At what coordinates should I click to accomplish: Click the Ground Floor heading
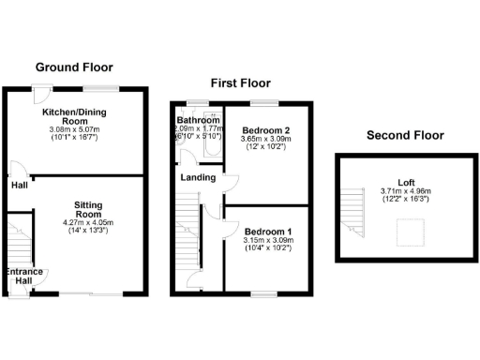(x=74, y=67)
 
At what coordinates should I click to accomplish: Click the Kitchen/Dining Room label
(x=74, y=116)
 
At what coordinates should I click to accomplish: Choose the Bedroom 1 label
(x=267, y=232)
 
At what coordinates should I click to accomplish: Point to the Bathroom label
(x=199, y=121)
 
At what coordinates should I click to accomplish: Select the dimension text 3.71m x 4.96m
(x=405, y=191)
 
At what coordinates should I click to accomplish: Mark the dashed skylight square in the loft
(x=410, y=232)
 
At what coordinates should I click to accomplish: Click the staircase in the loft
(x=352, y=210)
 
